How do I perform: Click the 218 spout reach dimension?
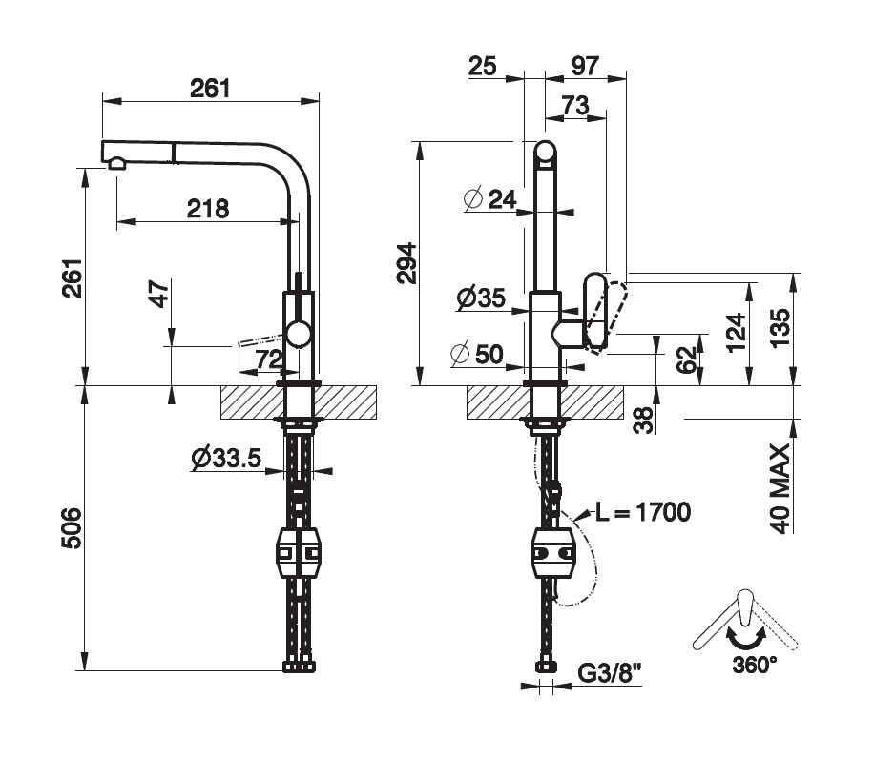[x=208, y=208]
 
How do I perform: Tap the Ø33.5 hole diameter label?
[x=226, y=459]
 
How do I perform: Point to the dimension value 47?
[x=159, y=294]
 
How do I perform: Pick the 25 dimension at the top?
[x=484, y=66]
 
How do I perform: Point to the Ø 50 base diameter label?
[x=476, y=355]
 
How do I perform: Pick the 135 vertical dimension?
[x=781, y=330]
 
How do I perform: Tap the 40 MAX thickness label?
[x=781, y=487]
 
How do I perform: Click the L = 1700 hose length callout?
[x=643, y=513]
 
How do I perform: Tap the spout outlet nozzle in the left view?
[x=117, y=163]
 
